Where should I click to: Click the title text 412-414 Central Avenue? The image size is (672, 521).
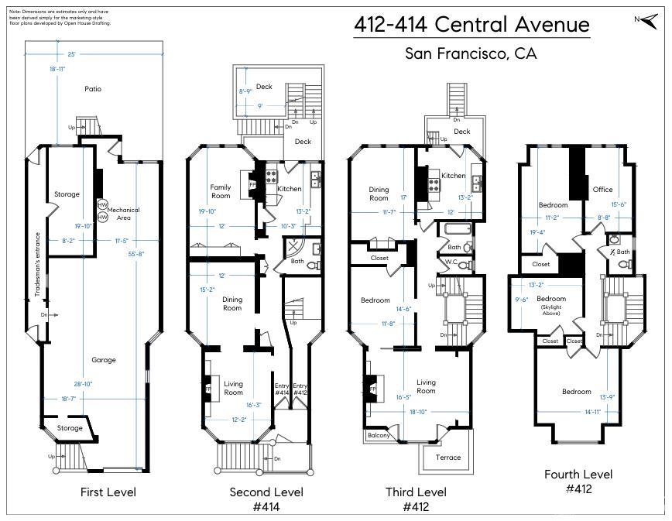471,25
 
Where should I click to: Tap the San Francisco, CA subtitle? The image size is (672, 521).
471,53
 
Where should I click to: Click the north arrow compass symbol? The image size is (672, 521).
643,19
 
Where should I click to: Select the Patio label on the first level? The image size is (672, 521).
93,89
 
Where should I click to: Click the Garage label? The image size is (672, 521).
104,360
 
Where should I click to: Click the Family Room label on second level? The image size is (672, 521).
221,191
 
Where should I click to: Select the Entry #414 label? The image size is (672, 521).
281,389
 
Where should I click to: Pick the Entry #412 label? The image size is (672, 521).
300,389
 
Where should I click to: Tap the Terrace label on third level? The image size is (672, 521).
447,457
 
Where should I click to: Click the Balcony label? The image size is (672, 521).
379,436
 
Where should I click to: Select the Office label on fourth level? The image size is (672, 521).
602,190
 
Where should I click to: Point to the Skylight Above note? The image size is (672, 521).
551,307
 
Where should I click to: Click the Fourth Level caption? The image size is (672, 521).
578,475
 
